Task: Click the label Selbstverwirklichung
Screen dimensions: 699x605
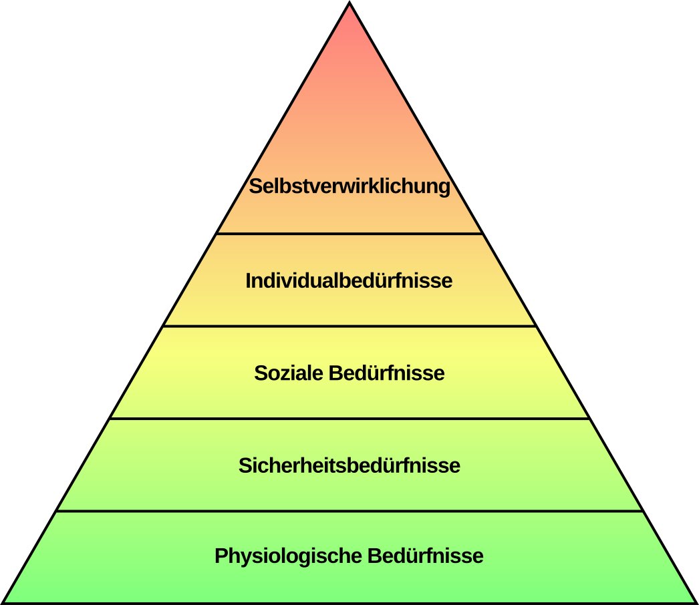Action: point(349,186)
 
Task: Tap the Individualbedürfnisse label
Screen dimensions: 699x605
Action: point(349,280)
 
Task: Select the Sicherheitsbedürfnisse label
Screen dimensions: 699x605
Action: point(349,465)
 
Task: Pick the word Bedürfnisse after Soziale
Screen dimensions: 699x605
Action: point(387,373)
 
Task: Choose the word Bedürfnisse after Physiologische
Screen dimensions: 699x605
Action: point(426,556)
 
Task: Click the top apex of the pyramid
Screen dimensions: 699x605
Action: point(349,2)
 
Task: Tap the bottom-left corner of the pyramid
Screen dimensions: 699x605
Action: point(3,603)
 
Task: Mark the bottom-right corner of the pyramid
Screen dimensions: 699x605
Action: point(696,603)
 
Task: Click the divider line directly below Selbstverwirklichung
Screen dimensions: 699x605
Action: point(349,234)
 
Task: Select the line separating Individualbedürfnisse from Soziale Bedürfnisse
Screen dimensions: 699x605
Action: point(349,326)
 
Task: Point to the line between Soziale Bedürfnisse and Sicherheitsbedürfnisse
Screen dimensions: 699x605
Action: point(349,419)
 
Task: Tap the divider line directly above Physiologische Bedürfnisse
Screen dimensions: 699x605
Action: point(349,511)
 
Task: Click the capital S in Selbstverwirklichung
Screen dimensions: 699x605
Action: point(255,186)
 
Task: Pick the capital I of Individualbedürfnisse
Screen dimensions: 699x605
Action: point(249,280)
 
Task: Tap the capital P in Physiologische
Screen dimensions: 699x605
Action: point(222,556)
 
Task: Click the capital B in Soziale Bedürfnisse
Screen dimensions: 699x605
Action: point(336,373)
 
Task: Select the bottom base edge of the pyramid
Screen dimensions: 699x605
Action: point(349,603)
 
